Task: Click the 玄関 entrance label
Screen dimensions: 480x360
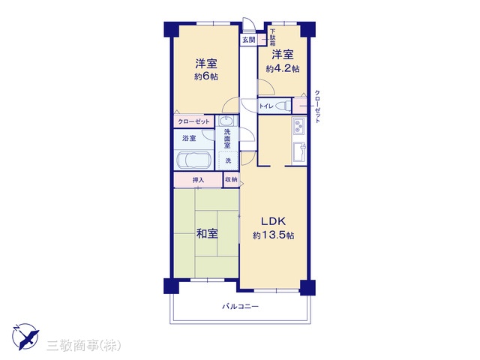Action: (248, 40)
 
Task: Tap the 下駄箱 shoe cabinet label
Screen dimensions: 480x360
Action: (273, 37)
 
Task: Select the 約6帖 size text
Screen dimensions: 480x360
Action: (206, 76)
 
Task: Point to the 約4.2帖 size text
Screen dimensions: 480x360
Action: (283, 68)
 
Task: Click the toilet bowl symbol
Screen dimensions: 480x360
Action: (283, 106)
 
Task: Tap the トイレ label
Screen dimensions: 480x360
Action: (266, 106)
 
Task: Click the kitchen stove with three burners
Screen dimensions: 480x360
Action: (298, 126)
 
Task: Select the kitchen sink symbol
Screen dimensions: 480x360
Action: (299, 153)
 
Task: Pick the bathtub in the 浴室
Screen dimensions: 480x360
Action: (193, 160)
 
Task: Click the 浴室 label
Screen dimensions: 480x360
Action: (189, 138)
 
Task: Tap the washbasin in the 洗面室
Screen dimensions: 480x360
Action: (226, 121)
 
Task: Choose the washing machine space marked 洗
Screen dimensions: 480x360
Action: (228, 160)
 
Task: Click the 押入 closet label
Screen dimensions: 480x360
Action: (198, 180)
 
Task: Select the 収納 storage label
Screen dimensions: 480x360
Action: (231, 179)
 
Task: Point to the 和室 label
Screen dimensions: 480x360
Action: (207, 234)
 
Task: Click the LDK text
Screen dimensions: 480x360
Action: (273, 221)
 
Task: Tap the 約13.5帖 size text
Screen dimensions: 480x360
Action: (273, 235)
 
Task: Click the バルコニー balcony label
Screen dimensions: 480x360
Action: (241, 306)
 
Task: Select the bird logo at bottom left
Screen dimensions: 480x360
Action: (25, 337)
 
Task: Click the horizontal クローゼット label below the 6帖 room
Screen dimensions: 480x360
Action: (193, 121)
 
